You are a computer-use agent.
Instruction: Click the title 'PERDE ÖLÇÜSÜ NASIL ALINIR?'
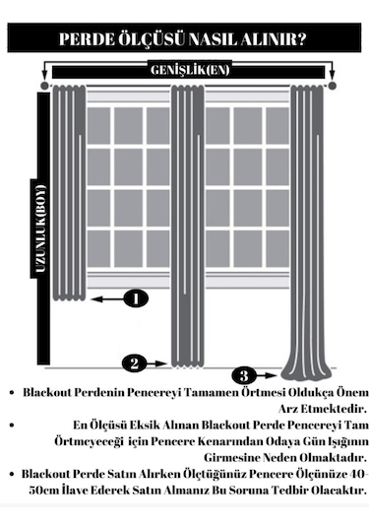[x=184, y=39]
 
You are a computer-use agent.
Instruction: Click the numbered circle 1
[x=136, y=296]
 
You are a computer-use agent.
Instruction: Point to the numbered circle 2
[x=136, y=363]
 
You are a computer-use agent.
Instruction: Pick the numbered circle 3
[x=244, y=374]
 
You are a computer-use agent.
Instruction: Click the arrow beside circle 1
[x=103, y=301]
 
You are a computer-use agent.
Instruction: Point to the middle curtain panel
[x=186, y=227]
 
